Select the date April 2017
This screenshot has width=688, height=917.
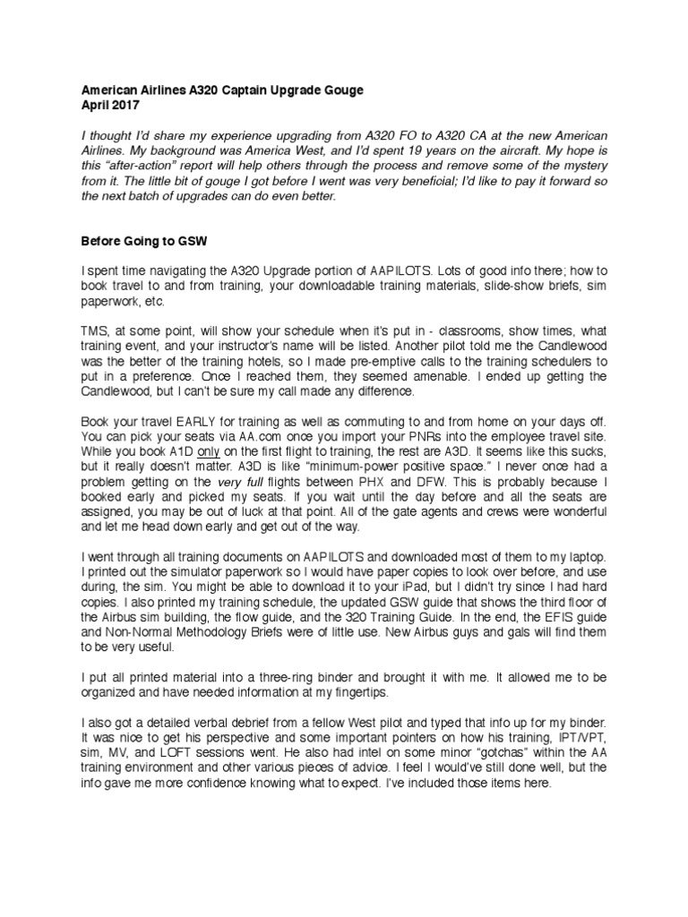pos(108,106)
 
